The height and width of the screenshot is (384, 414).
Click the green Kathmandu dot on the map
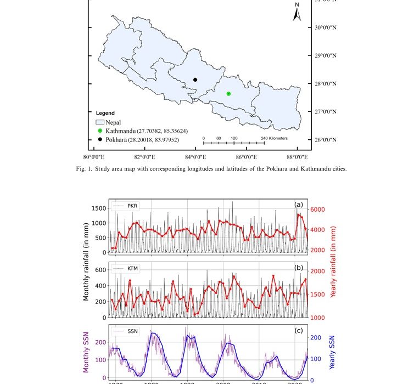coord(228,94)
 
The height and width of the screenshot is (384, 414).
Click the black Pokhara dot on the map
coord(195,80)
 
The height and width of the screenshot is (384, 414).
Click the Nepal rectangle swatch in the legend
coord(100,122)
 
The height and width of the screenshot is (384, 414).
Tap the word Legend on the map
coord(105,113)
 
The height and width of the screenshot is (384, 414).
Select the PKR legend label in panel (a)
coord(132,206)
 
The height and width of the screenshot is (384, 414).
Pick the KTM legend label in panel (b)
coord(132,269)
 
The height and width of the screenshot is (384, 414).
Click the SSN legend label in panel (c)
coord(132,331)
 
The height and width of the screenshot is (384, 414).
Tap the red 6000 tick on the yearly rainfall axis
coord(320,210)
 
